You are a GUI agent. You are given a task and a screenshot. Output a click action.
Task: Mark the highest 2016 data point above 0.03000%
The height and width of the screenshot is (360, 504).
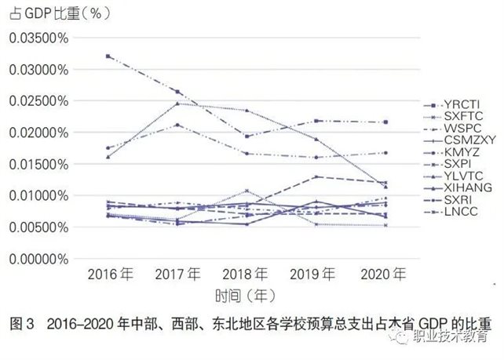point(108,56)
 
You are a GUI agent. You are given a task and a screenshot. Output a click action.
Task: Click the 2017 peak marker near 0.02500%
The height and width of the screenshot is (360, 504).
point(177,104)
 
